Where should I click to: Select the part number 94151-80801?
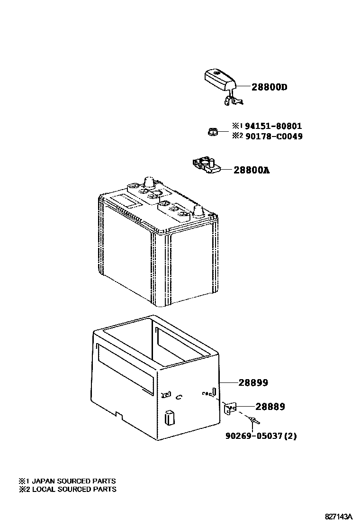(x=273, y=126)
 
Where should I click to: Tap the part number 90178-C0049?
(x=273, y=136)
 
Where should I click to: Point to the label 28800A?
(x=252, y=170)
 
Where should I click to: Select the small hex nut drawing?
(x=212, y=131)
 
